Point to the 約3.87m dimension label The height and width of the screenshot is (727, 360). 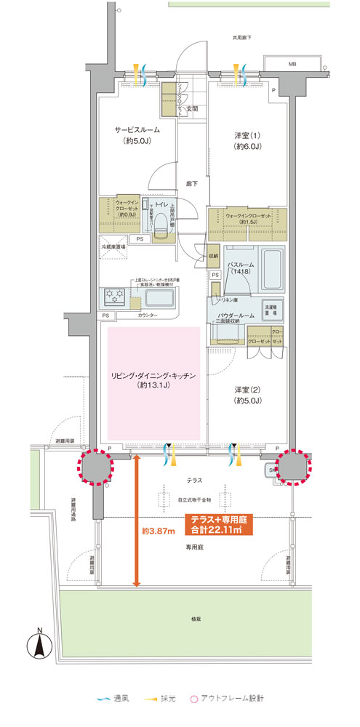tap(158, 531)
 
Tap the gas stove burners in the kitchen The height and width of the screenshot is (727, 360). tap(117, 296)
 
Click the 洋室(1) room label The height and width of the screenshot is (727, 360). tap(247, 140)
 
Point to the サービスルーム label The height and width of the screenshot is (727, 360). tap(137, 135)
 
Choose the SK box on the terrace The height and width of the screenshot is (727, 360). tap(273, 470)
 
